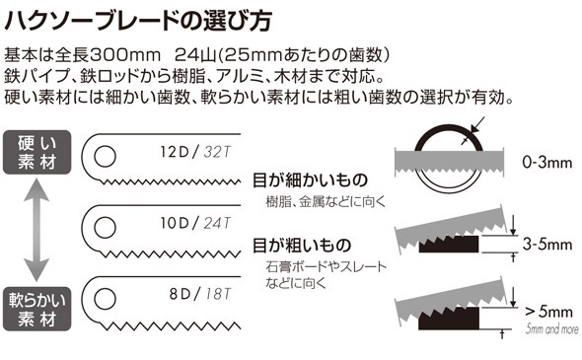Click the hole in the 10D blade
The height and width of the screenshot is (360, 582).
[x=103, y=221]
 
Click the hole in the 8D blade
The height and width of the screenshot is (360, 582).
[x=103, y=293]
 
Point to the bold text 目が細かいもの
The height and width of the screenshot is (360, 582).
[x=310, y=180]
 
